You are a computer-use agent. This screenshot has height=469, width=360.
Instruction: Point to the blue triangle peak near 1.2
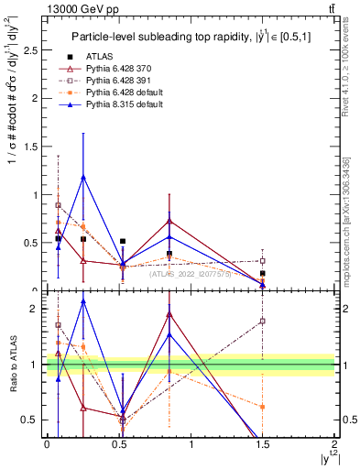pyautogui.click(x=84, y=177)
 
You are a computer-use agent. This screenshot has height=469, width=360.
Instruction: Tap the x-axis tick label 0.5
pyautogui.click(x=119, y=443)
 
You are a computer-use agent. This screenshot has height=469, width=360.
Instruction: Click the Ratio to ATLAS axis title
pyautogui.click(x=13, y=365)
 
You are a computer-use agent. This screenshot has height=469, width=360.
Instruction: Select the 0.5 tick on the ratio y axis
pyautogui.click(x=32, y=420)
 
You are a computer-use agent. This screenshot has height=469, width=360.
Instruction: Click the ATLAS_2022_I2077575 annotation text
pyautogui.click(x=192, y=273)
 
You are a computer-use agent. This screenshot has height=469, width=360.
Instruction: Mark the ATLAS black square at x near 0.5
pyautogui.click(x=123, y=242)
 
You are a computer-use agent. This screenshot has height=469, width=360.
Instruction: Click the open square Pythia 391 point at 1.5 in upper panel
pyautogui.click(x=263, y=261)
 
